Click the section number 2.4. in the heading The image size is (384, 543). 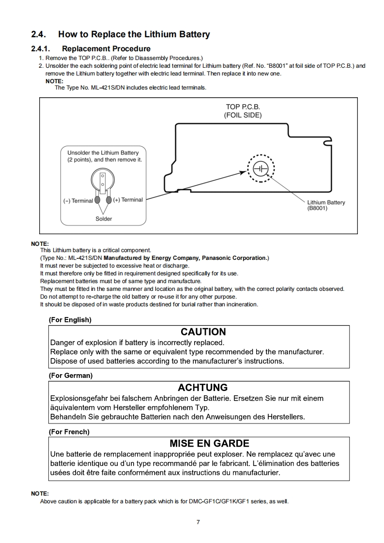(38, 34)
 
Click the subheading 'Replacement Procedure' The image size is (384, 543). (106, 48)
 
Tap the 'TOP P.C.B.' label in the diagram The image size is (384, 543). (243, 106)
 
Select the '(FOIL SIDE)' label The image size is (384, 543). (243, 115)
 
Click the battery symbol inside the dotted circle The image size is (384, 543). (261, 168)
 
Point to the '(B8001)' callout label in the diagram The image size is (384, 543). (318, 209)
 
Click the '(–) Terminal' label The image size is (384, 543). (78, 200)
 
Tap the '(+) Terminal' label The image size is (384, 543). (128, 200)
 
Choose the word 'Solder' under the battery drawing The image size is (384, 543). (104, 219)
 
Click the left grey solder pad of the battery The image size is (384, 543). (97, 200)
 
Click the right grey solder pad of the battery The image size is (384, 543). (109, 200)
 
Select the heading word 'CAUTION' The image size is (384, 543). (203, 332)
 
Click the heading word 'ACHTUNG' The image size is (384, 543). (202, 388)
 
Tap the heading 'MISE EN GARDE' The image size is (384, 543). (209, 443)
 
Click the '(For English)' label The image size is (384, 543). (70, 320)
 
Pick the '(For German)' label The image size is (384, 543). (71, 376)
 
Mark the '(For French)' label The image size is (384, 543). (69, 432)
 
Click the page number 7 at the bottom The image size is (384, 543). (198, 522)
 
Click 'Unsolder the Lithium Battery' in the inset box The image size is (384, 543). (103, 153)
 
